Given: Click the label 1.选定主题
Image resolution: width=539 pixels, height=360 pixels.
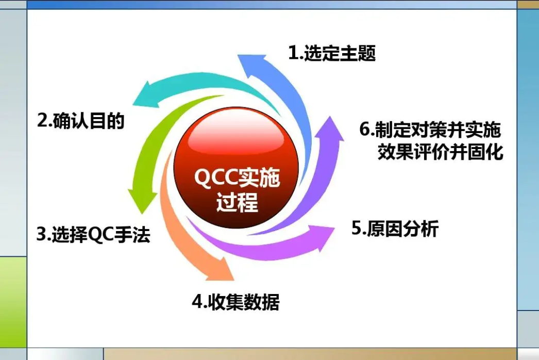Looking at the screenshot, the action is [332, 53].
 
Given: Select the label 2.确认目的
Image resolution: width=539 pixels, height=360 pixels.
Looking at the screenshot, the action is [81, 121].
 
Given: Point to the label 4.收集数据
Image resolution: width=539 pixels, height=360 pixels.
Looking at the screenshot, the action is [235, 302].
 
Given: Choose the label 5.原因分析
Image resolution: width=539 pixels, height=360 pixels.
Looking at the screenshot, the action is [395, 228].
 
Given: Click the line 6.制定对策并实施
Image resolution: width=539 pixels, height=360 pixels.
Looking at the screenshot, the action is [430, 129].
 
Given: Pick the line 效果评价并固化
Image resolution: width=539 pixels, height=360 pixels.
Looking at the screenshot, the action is [441, 152].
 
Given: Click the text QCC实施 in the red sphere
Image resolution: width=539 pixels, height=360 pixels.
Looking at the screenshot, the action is [237, 177].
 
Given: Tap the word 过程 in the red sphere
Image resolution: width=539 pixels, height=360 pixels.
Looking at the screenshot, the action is [237, 202].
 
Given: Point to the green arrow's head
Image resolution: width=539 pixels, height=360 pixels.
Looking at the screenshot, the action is [142, 200].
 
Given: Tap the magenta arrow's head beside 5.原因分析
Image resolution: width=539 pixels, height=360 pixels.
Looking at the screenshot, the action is [323, 237].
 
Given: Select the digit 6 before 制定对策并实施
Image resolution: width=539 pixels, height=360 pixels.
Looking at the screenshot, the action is [364, 129].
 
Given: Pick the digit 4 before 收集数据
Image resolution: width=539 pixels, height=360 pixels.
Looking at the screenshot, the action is [197, 302].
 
